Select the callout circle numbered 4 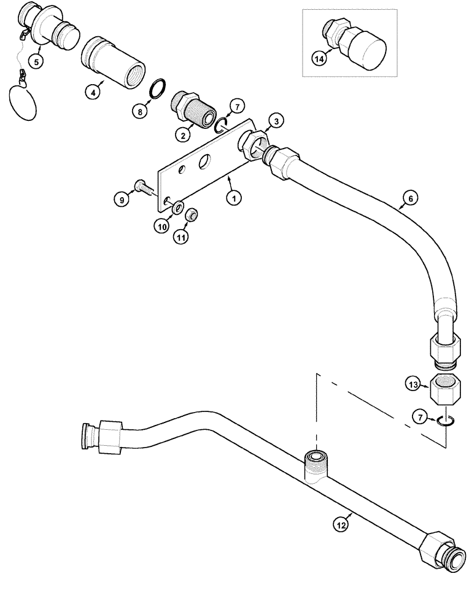(x=92, y=93)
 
